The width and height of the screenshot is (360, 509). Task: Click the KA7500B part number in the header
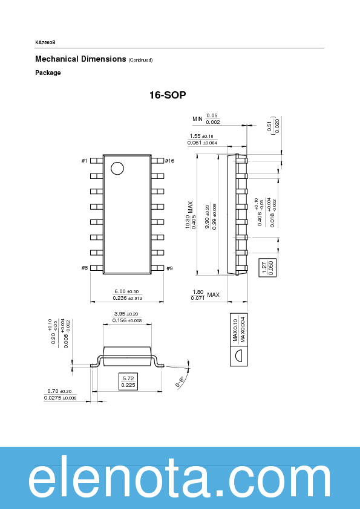(x=45, y=42)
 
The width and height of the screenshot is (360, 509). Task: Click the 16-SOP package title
(x=168, y=96)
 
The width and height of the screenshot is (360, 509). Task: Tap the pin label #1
(x=84, y=161)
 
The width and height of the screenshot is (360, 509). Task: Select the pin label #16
(x=169, y=161)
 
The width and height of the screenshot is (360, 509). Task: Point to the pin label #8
(x=84, y=268)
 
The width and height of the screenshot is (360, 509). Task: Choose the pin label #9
(x=169, y=268)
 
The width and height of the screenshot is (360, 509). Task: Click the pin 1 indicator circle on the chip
(x=117, y=168)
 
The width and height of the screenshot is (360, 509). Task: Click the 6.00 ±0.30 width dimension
(x=127, y=291)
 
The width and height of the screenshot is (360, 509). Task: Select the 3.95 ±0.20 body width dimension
(x=126, y=314)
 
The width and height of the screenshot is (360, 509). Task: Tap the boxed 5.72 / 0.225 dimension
(x=128, y=381)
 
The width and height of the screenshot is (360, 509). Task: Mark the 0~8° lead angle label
(x=180, y=381)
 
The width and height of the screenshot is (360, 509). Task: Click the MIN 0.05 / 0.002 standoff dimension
(x=206, y=118)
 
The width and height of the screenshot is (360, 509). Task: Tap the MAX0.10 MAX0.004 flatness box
(x=238, y=329)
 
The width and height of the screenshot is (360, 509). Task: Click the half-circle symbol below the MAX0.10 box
(x=238, y=356)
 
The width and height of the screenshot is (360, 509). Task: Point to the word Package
(x=48, y=73)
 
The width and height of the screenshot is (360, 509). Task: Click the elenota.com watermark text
(x=180, y=482)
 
